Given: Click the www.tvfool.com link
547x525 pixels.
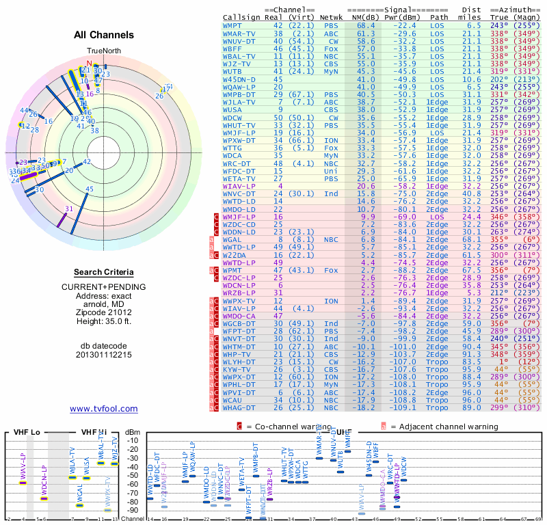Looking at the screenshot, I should (x=104, y=409).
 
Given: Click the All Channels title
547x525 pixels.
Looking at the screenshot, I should (x=104, y=35).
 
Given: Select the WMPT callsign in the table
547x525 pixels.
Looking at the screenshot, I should (x=236, y=25).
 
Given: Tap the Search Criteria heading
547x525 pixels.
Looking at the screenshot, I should (x=104, y=272).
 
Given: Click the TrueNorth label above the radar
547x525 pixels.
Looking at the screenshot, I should (x=103, y=51).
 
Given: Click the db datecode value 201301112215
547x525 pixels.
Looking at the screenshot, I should (x=104, y=355).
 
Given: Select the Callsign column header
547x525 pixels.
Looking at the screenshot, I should (x=243, y=16).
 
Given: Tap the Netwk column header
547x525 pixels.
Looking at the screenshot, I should (x=331, y=16).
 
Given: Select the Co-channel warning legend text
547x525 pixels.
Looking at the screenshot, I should (x=284, y=427).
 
